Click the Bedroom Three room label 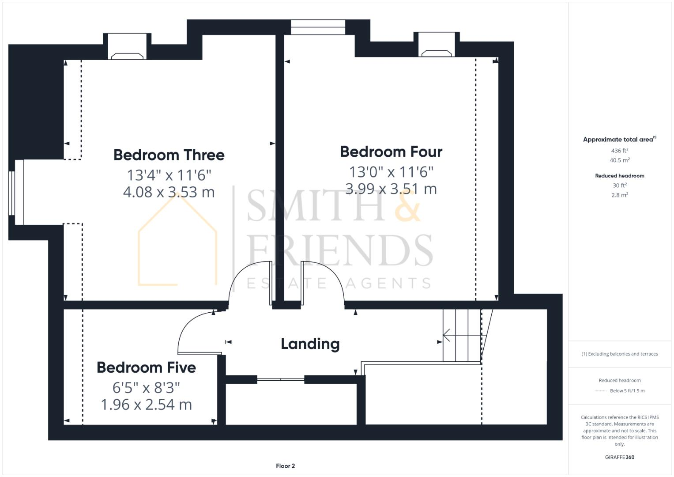coord(169,155)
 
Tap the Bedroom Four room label coord(391,152)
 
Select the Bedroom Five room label coord(146,367)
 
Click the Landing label coord(310,344)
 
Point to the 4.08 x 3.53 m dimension coord(169,192)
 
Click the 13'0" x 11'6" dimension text coord(391,171)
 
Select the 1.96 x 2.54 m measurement coord(146,405)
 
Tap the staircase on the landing coord(461,336)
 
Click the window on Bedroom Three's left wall coord(18,192)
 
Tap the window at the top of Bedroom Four coord(317,27)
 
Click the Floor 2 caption coord(285,466)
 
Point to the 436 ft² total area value coord(619,151)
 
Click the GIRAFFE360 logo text coord(619,457)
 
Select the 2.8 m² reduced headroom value coord(619,195)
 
